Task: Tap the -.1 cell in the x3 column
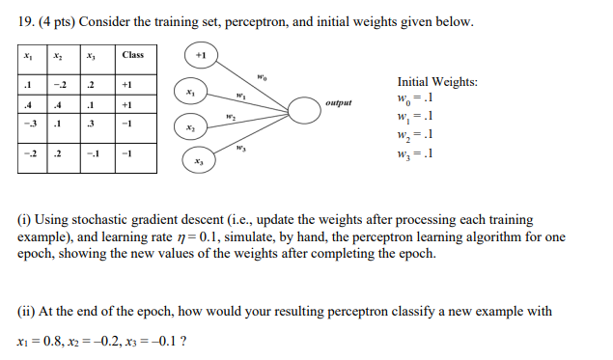click(92, 152)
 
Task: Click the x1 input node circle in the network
click(189, 92)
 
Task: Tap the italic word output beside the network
click(339, 101)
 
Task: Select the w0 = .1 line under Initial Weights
click(416, 99)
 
